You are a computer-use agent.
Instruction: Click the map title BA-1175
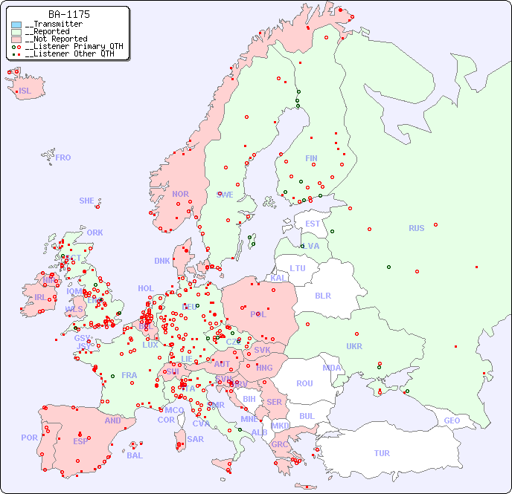point(69,14)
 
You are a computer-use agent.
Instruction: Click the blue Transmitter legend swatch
point(16,25)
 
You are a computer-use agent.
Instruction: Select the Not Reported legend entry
point(56,39)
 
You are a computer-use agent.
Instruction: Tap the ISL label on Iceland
point(25,91)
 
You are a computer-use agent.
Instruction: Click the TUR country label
point(382,453)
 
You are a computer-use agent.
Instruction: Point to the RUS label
point(416,228)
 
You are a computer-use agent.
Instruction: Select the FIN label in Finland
point(311,158)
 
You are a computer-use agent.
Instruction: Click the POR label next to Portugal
point(29,438)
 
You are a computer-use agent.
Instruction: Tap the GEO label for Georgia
point(452,420)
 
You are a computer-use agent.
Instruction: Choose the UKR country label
point(354,346)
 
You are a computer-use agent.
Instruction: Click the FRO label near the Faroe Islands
point(63,157)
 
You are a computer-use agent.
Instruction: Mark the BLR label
point(322,295)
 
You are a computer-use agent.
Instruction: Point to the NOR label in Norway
point(180,194)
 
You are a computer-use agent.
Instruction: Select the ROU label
point(304,383)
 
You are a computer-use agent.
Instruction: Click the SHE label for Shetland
point(87,201)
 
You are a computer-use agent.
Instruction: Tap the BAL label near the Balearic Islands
point(135,455)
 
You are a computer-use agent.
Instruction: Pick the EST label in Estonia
point(313,224)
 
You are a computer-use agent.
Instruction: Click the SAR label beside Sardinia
point(195,439)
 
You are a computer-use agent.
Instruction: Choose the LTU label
point(298,268)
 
